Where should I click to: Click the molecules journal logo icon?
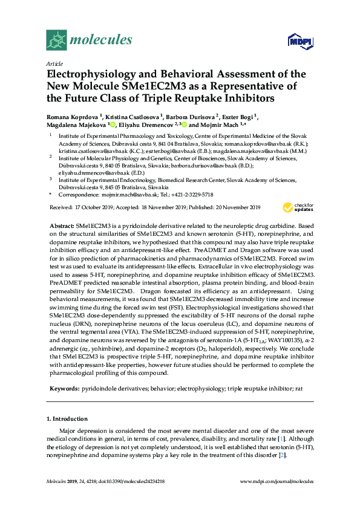pyautogui.click(x=57, y=40)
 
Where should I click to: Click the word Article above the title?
pyautogui.click(x=54, y=63)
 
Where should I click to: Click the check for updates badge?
pyautogui.click(x=296, y=190)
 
